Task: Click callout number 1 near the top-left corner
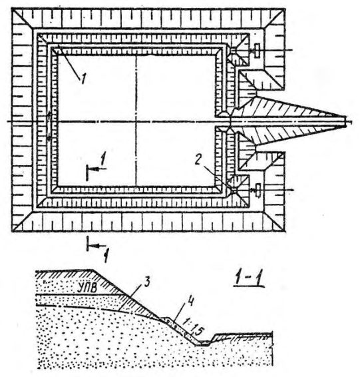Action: pyautogui.click(x=83, y=79)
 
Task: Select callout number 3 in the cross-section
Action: pyautogui.click(x=146, y=282)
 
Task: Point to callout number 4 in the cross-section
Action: pyautogui.click(x=191, y=302)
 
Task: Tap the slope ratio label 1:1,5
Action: pyautogui.click(x=193, y=327)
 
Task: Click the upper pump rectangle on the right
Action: pyautogui.click(x=258, y=51)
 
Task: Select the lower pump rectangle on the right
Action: pyautogui.click(x=258, y=190)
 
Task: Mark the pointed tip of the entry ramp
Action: pyautogui.click(x=346, y=121)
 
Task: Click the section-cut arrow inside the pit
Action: pyautogui.click(x=96, y=169)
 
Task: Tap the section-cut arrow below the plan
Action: pyautogui.click(x=96, y=245)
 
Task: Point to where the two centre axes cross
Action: pyautogui.click(x=136, y=121)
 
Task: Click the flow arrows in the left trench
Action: pyautogui.click(x=49, y=127)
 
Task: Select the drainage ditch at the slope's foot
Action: pyautogui.click(x=204, y=343)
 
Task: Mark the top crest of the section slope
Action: pyautogui.click(x=92, y=270)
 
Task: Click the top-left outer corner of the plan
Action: pyautogui.click(x=12, y=9)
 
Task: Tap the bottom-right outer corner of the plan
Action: pyautogui.click(x=285, y=231)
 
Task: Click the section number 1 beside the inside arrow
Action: pyautogui.click(x=102, y=159)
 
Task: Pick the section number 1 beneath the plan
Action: pyautogui.click(x=106, y=256)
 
